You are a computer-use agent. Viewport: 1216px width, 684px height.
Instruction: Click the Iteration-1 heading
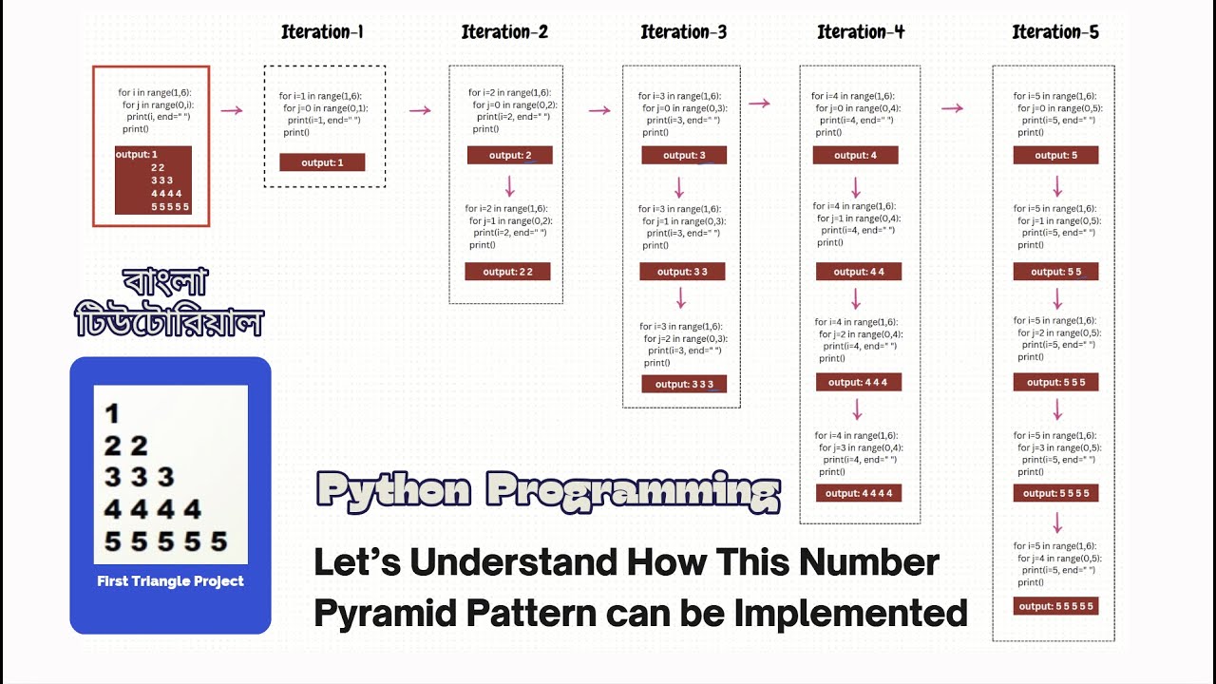click(x=322, y=32)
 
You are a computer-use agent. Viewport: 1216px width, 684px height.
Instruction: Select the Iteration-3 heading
click(x=683, y=32)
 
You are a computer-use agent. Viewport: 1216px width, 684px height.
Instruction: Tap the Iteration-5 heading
click(x=1054, y=32)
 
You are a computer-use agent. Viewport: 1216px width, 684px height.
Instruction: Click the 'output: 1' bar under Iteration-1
click(x=323, y=162)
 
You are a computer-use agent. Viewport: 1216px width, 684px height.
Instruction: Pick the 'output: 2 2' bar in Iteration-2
click(x=507, y=272)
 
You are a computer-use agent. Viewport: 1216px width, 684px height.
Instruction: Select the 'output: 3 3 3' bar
click(x=684, y=384)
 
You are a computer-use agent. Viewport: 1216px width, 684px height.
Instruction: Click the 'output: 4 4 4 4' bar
click(x=858, y=493)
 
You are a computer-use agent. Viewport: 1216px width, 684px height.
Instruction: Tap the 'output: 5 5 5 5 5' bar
click(x=1055, y=606)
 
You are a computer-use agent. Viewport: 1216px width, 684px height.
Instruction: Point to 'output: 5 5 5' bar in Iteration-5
click(x=1055, y=382)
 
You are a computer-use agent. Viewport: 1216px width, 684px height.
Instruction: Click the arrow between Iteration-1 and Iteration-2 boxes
click(x=420, y=110)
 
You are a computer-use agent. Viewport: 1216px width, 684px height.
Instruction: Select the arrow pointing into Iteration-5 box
click(x=953, y=108)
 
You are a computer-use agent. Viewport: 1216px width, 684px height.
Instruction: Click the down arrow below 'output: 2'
click(x=509, y=185)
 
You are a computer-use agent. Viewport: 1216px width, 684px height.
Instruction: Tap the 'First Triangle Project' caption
click(x=170, y=581)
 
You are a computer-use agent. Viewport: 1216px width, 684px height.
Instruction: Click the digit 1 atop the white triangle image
click(x=112, y=413)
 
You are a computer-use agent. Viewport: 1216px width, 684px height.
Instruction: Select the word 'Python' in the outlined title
click(x=393, y=491)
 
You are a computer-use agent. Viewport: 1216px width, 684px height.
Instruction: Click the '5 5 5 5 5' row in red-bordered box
click(x=169, y=206)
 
